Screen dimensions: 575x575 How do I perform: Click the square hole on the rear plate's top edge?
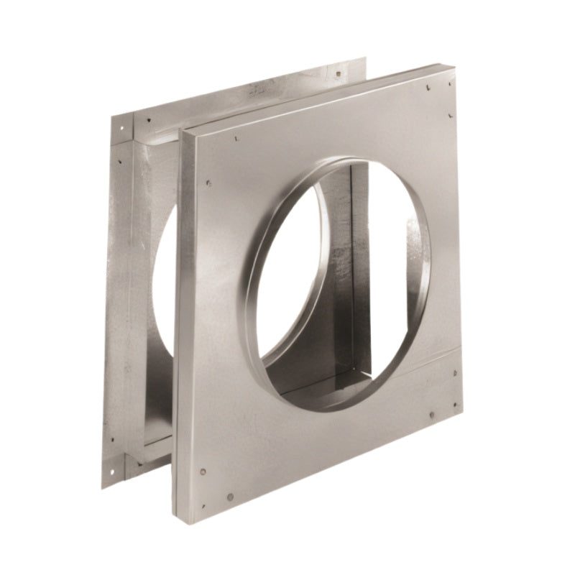[338, 73]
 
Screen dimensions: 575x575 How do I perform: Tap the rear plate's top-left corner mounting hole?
[121, 128]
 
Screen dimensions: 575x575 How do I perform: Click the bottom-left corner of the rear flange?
[102, 488]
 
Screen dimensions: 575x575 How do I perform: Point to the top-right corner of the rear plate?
[365, 59]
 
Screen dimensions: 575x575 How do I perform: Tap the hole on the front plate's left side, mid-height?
[208, 183]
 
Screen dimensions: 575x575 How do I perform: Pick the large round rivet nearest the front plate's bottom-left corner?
[203, 471]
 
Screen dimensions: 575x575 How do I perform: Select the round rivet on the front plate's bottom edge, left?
[229, 496]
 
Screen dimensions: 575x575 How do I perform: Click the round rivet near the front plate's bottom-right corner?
[431, 415]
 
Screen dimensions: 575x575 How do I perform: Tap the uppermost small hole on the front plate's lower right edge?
[456, 372]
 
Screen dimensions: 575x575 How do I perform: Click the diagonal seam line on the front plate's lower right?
[424, 354]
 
